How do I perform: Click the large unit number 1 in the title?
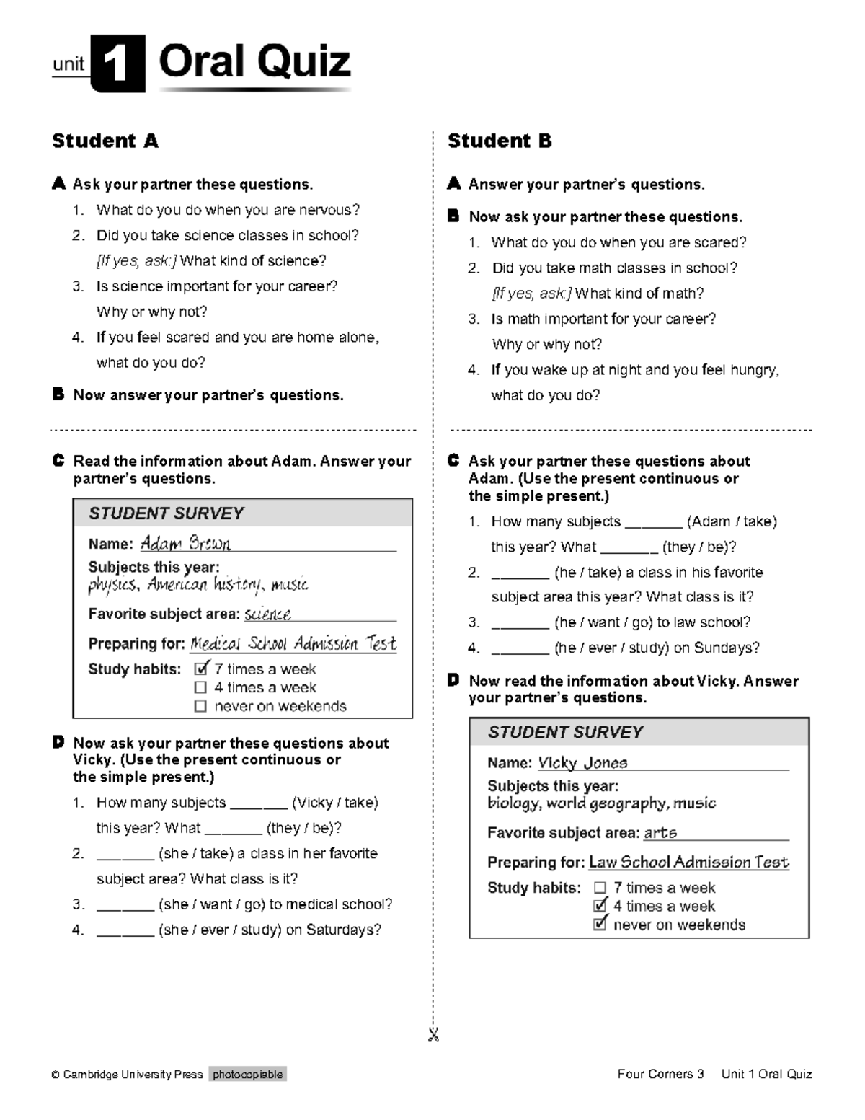[117, 65]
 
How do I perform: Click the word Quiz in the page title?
[303, 62]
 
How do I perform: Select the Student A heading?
[105, 141]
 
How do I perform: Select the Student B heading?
[500, 141]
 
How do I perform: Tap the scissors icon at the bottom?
[433, 1036]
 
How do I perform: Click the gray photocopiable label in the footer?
[248, 1075]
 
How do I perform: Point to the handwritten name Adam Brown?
[185, 543]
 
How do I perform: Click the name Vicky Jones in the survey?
[582, 762]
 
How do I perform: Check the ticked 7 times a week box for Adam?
[201, 669]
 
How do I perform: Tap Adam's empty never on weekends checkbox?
[200, 706]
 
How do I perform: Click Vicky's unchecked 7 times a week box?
[600, 888]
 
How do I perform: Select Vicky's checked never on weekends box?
[600, 925]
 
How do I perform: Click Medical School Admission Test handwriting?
[293, 643]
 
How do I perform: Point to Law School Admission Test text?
[688, 862]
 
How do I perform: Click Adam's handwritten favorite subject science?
[267, 614]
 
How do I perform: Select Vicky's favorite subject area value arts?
[660, 832]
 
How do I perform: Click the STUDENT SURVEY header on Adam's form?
[166, 513]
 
